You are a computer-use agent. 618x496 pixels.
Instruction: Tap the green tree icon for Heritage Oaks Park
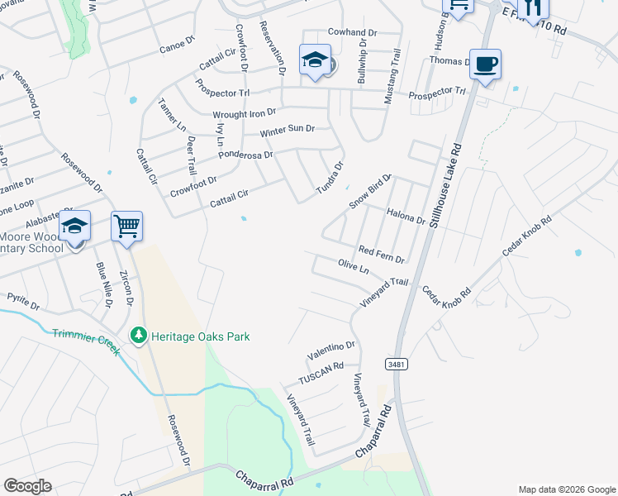click(138, 336)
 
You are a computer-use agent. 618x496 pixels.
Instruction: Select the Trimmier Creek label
click(86, 341)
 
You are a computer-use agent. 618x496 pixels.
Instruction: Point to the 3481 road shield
click(394, 364)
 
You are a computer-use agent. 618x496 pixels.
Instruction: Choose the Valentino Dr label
click(331, 351)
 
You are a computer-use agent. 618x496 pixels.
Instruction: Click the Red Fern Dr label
click(381, 254)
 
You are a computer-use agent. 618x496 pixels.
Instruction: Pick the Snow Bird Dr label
click(368, 193)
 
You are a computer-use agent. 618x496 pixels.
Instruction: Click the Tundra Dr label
click(330, 179)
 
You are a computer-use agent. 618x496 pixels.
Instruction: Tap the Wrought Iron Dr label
click(244, 112)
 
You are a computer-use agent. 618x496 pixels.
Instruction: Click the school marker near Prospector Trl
click(315, 60)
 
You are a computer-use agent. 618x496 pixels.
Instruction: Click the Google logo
click(28, 486)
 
